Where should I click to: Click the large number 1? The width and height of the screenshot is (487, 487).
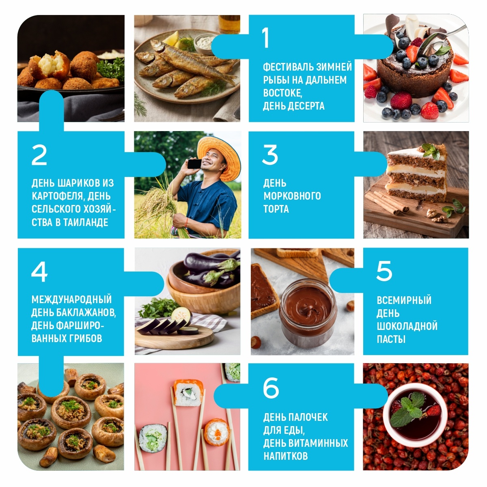tap(265, 37)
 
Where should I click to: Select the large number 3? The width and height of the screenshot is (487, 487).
tap(270, 155)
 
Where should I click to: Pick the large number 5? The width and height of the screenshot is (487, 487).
tap(384, 271)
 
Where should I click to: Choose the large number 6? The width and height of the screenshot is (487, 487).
tap(271, 388)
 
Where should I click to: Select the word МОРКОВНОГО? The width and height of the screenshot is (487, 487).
tap(292, 196)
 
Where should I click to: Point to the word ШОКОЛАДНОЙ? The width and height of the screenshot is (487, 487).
tap(407, 326)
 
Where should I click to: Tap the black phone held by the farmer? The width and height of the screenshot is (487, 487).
tap(194, 164)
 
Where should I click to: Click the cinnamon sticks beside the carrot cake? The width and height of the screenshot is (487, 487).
tap(386, 203)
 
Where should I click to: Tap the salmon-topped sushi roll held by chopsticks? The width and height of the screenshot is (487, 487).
tap(188, 393)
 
